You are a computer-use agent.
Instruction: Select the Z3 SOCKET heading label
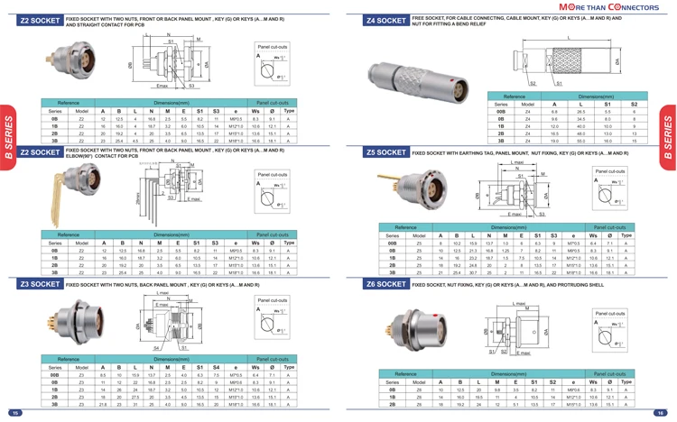point(38,285)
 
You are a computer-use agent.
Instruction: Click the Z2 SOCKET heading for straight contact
point(38,20)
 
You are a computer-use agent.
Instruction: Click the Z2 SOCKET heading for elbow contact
point(38,153)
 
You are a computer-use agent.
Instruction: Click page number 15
point(14,413)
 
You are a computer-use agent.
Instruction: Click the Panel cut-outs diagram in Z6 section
point(609,326)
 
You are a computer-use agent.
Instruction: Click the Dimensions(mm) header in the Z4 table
point(596,96)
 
